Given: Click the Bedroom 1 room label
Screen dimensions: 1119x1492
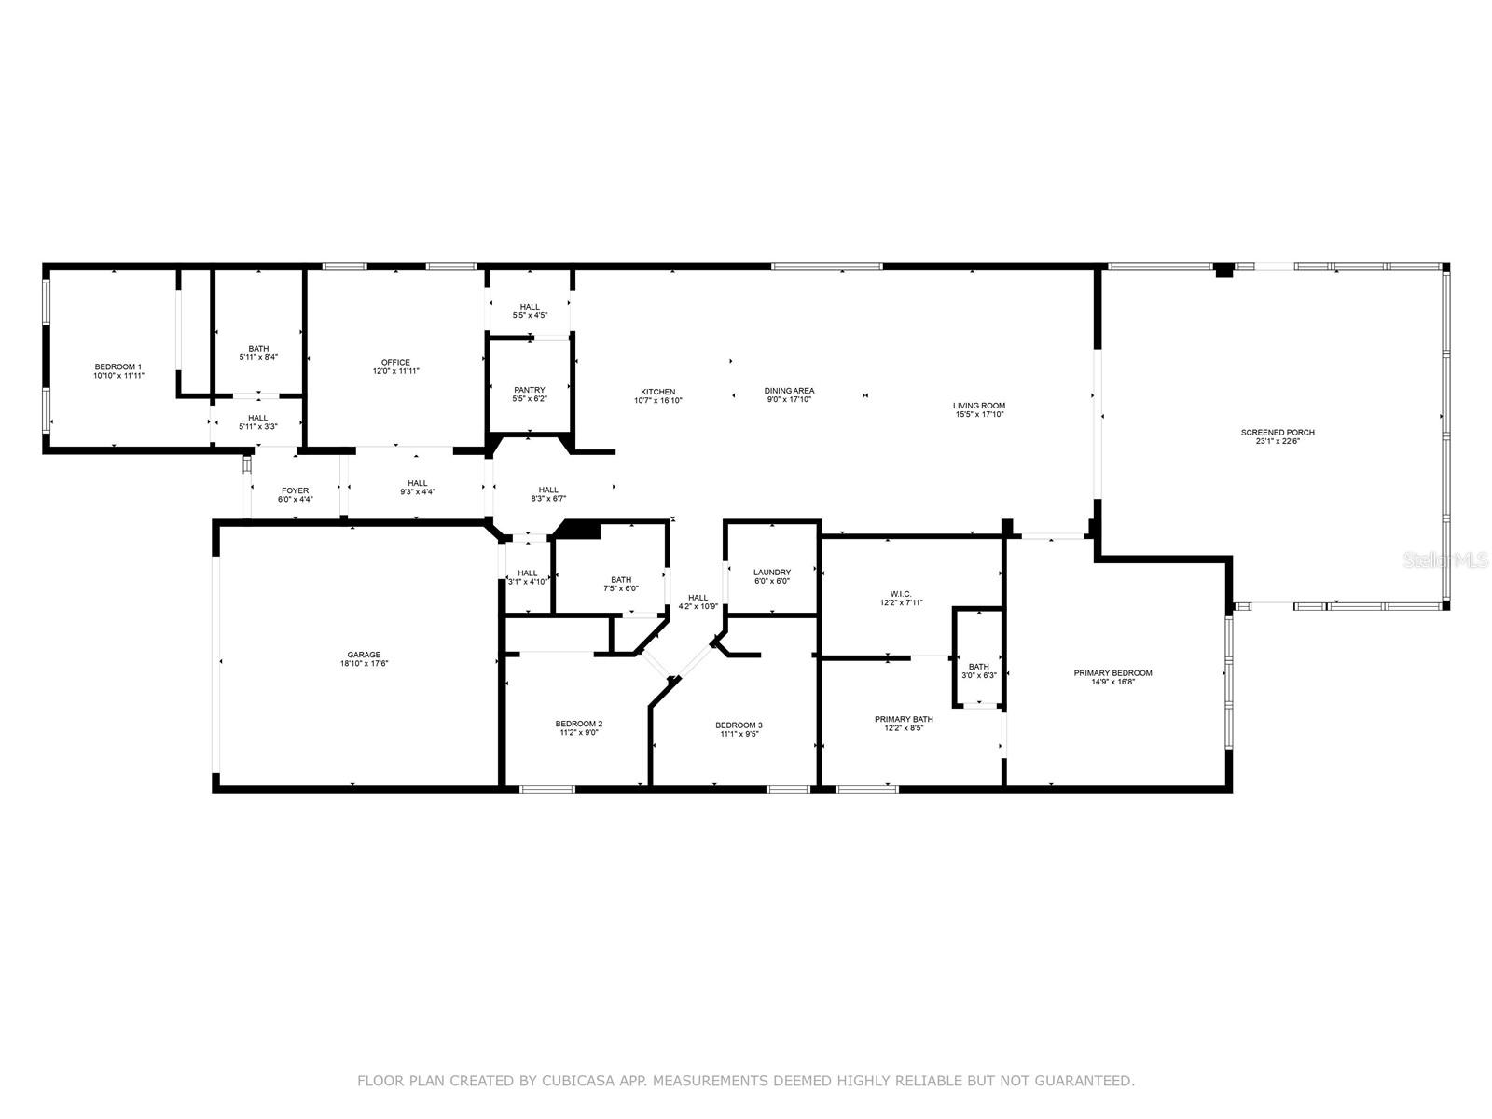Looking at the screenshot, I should coord(118,366).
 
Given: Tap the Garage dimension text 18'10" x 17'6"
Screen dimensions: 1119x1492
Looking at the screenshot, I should coord(365,665).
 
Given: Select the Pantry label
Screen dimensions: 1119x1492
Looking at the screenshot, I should coord(530,390).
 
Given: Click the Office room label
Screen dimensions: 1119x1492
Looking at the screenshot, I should coord(395,362).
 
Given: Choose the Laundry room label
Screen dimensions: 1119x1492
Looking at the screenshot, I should coord(772,573).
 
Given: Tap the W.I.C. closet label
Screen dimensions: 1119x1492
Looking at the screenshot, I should coord(901,593).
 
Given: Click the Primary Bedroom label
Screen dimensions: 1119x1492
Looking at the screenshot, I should coord(1112,673).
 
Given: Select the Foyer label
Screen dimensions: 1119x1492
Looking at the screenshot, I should coord(295,490).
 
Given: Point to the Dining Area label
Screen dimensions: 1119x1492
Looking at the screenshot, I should coord(789,391).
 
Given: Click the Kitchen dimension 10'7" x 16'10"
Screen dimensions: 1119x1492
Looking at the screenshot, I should coord(657,401).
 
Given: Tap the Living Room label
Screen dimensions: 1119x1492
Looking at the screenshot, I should coord(979,406).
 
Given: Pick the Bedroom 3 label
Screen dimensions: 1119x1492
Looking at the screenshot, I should coord(739,725).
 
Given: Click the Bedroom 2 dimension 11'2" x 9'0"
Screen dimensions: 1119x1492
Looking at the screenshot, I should coord(579,733).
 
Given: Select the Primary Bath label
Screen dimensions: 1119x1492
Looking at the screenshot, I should coord(904,719).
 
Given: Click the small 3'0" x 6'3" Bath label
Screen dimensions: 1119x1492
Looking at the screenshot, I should coord(978,675).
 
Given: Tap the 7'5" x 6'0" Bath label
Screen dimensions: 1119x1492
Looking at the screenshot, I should coord(621,588).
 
